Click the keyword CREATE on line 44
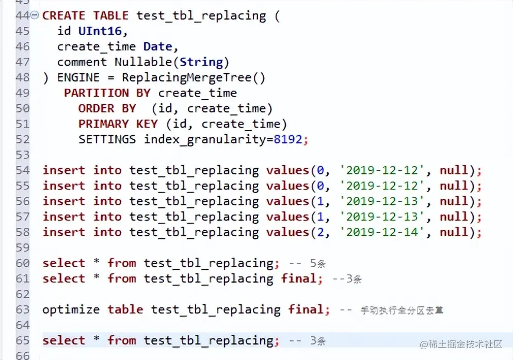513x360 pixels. (63, 15)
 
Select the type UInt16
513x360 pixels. (100, 31)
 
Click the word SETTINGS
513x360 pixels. (107, 139)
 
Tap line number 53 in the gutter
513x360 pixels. (23, 155)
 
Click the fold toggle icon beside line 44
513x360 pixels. (35, 15)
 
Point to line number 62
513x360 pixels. (23, 294)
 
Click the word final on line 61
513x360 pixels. (298, 279)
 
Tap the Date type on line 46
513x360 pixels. (157, 46)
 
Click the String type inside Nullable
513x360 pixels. (201, 62)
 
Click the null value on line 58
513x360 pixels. (454, 232)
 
